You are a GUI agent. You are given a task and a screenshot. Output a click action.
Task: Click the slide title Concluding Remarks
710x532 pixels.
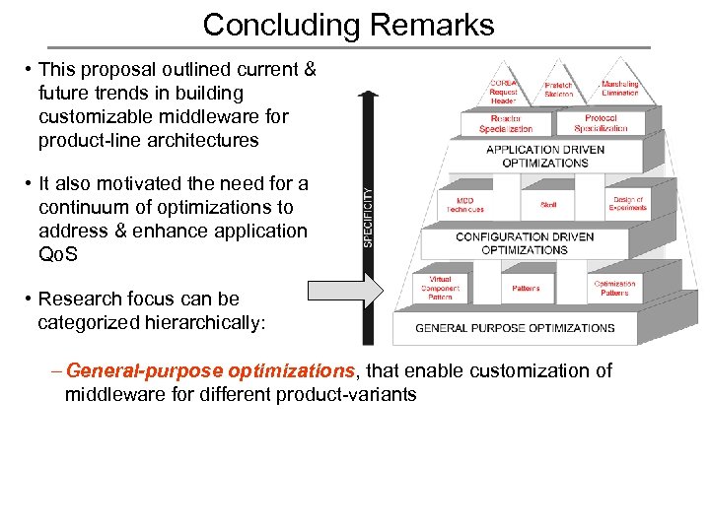click(348, 24)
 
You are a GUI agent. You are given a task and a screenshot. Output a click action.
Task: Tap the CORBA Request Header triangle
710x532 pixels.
click(503, 90)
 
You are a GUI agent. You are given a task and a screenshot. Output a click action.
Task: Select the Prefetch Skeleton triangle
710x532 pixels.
click(558, 89)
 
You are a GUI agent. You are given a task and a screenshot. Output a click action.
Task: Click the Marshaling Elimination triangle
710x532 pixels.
click(620, 89)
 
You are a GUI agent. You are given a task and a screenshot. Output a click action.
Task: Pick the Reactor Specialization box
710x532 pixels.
click(505, 123)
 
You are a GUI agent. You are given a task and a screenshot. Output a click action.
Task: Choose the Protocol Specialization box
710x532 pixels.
click(601, 123)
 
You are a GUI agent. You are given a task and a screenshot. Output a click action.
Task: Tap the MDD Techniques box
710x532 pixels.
click(464, 204)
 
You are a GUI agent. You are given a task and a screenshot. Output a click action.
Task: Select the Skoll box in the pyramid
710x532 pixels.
click(548, 204)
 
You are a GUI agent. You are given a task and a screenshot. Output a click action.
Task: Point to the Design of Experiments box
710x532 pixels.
click(627, 203)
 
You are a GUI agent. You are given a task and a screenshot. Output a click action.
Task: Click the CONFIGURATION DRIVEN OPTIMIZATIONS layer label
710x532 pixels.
click(525, 243)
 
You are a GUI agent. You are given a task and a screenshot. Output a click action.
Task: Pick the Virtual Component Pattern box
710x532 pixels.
click(440, 288)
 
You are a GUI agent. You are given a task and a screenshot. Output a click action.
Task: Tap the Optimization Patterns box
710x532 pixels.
click(613, 288)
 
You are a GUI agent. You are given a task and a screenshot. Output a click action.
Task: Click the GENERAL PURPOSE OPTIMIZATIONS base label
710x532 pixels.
click(515, 328)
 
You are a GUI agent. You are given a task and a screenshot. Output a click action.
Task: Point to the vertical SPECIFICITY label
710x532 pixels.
click(369, 218)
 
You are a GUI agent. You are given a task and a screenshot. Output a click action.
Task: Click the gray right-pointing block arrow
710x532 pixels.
click(343, 292)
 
